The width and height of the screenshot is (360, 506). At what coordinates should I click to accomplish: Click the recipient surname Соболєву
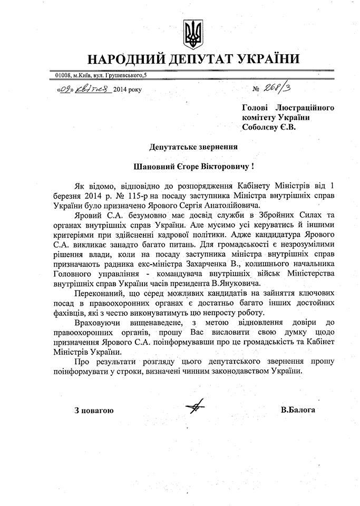coord(260,127)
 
